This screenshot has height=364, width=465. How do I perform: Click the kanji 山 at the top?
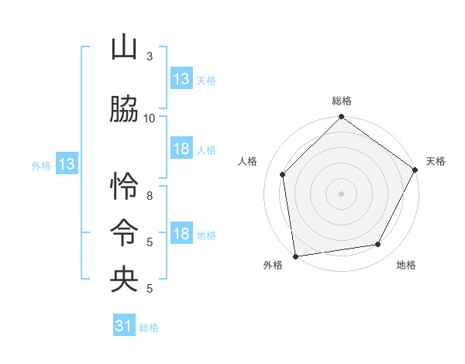tap(124, 48)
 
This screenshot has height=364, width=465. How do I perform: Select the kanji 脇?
tap(124, 110)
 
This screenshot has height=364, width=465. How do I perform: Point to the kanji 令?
tap(124, 233)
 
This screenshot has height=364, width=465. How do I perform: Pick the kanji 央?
tap(124, 280)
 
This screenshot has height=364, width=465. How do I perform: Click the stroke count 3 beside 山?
tap(150, 57)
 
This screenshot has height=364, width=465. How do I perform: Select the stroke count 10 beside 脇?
tap(150, 118)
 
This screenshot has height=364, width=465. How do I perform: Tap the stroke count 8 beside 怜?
tap(150, 196)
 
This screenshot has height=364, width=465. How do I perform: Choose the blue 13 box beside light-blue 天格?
tap(181, 79)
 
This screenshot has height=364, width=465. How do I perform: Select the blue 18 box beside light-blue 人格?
tap(181, 149)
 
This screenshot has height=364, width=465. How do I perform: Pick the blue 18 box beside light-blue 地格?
tap(181, 235)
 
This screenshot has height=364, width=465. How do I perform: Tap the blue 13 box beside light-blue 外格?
tap(66, 164)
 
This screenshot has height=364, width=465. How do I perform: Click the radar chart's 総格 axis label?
tap(342, 101)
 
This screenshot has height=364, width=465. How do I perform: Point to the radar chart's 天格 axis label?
tap(436, 161)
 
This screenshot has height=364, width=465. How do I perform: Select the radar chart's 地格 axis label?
tap(406, 265)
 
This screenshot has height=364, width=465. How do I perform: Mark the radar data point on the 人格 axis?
tap(283, 174)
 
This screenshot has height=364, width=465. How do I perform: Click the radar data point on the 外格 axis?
tap(295, 256)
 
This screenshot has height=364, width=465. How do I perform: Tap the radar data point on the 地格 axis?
tap(378, 244)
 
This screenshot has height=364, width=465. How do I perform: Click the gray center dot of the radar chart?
tap(342, 193)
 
